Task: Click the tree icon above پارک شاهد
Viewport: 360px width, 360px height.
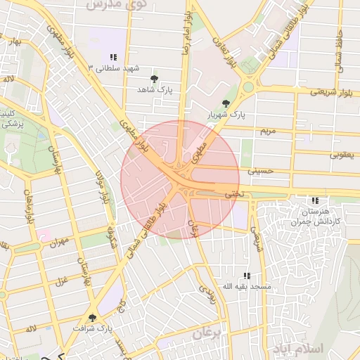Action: tap(155, 79)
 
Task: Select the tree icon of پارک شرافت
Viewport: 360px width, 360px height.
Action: tap(92, 318)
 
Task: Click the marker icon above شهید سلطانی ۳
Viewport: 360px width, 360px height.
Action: tap(112, 57)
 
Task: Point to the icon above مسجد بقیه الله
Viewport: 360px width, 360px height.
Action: tap(246, 276)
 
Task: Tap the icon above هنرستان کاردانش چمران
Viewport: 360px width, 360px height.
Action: tap(314, 200)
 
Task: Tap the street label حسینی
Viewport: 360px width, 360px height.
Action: tap(259, 171)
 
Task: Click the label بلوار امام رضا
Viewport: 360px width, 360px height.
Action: tap(184, 32)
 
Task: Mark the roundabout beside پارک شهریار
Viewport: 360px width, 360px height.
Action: tap(248, 89)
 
